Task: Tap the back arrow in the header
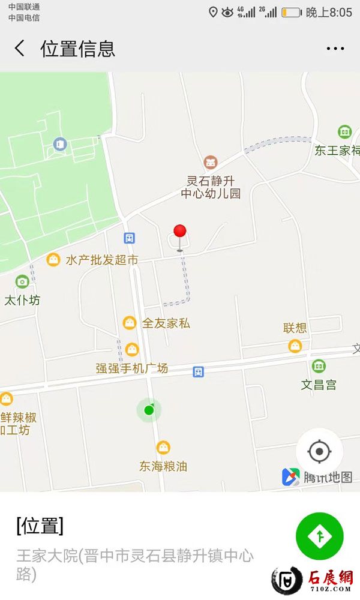tap(20, 49)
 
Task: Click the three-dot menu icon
tap(335, 49)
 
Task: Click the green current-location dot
tap(149, 410)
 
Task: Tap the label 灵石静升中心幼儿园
tap(211, 187)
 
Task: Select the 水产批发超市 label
tap(102, 260)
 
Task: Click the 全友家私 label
tap(166, 323)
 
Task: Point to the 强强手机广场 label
tap(132, 368)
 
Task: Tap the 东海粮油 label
tap(163, 466)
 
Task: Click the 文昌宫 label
tap(319, 385)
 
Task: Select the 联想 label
tap(295, 328)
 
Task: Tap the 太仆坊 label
tap(22, 300)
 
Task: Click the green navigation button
tap(319, 536)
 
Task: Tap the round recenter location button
tap(319, 451)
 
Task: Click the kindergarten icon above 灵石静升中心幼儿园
tap(210, 162)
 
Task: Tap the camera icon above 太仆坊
tap(22, 281)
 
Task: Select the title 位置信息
tap(77, 49)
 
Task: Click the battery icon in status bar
tap(291, 13)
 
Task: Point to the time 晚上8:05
tap(329, 13)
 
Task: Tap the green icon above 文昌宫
tap(319, 365)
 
